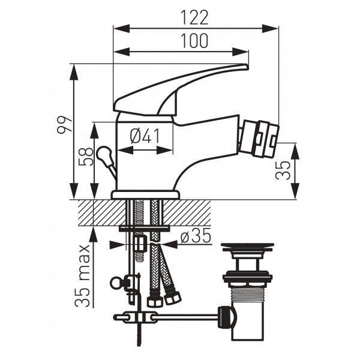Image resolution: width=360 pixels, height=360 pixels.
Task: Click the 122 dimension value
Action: click(x=194, y=17)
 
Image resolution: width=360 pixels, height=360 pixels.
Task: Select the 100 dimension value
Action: click(x=194, y=41)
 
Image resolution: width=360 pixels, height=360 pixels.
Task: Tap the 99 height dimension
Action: click(x=65, y=125)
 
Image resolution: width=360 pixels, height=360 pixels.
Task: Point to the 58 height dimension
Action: click(x=86, y=157)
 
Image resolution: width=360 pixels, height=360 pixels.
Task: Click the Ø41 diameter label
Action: click(x=145, y=136)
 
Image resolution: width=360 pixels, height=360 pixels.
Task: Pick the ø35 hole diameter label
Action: click(x=196, y=235)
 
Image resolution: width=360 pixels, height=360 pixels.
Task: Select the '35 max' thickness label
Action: click(x=82, y=276)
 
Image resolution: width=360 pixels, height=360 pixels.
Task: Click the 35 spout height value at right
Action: click(x=283, y=170)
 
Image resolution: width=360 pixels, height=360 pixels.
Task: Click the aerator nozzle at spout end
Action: click(x=259, y=139)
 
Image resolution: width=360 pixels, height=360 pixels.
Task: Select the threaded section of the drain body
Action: click(x=248, y=295)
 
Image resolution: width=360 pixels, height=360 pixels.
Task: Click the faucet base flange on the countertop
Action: click(x=146, y=194)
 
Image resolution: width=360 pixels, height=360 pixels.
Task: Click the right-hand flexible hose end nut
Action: click(x=173, y=298)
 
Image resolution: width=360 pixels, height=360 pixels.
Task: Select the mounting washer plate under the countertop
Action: click(x=144, y=229)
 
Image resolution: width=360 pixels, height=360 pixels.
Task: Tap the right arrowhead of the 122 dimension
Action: click(x=271, y=28)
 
